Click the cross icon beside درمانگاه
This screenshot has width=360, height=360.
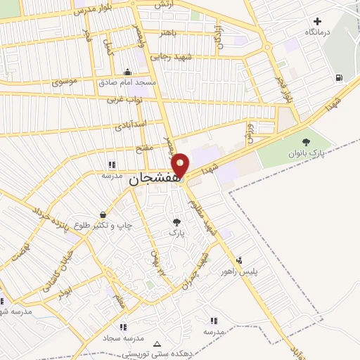click(x=319, y=22)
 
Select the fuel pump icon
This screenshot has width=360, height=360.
click(x=340, y=77)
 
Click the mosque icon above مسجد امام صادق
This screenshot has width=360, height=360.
click(x=127, y=71)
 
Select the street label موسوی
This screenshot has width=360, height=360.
click(x=65, y=82)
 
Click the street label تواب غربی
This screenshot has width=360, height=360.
click(x=124, y=100)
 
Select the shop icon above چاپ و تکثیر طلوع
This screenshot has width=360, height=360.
click(x=103, y=214)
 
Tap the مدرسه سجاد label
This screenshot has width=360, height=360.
click(x=124, y=337)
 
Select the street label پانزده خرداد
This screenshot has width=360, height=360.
click(x=51, y=214)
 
